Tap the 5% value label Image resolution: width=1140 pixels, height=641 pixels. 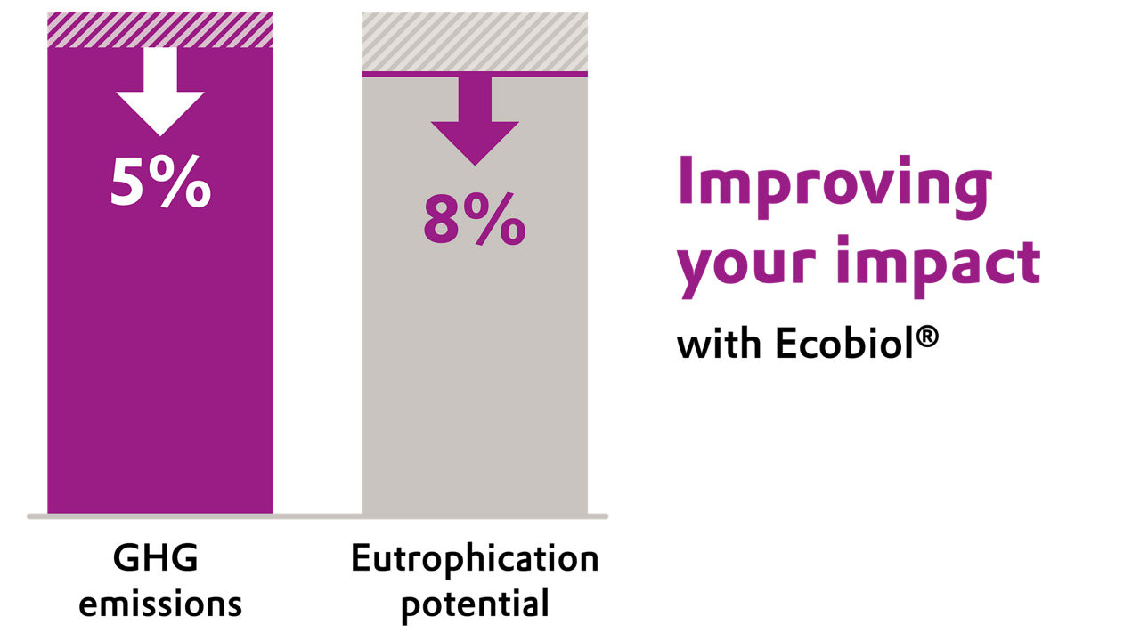pyautogui.click(x=160, y=183)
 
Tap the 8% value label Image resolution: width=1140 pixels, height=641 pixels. pyautogui.click(x=475, y=220)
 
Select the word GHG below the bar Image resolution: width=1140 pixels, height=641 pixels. pyautogui.click(x=156, y=560)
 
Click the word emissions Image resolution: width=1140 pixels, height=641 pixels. pyautogui.click(x=160, y=604)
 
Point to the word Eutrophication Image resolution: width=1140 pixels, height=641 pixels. pyautogui.click(x=475, y=560)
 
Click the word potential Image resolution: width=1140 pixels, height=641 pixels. pyautogui.click(x=475, y=605)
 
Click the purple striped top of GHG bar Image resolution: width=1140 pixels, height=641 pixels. pyautogui.click(x=160, y=29)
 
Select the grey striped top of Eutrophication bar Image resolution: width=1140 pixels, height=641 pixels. pyautogui.click(x=475, y=41)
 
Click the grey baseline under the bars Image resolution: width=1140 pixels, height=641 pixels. pyautogui.click(x=317, y=516)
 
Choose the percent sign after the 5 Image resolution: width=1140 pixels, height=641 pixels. pyautogui.click(x=185, y=183)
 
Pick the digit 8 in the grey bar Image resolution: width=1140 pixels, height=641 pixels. pyautogui.click(x=443, y=220)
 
